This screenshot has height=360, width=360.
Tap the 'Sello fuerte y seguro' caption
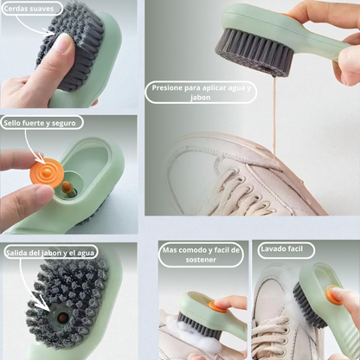click(x=40, y=124)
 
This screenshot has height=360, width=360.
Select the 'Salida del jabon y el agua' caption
click(x=49, y=253)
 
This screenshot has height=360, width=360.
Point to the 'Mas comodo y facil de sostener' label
click(x=201, y=254)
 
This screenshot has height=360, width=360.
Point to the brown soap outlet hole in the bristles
click(x=62, y=318)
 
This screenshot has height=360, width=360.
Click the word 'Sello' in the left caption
click(x=15, y=124)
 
